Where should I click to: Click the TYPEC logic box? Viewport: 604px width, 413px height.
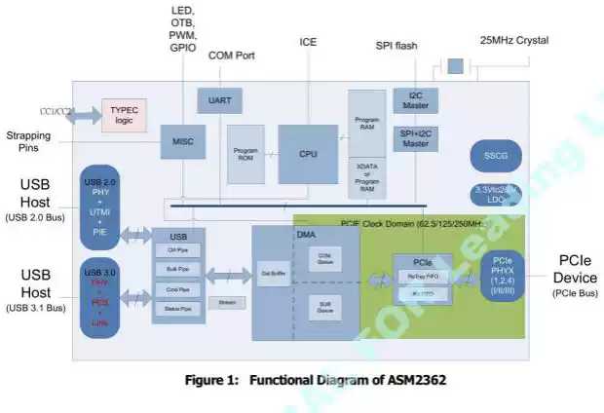[124, 113]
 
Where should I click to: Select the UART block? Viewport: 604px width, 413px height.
[219, 100]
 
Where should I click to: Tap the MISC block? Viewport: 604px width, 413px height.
[182, 141]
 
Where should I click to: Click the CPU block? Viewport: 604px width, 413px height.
[308, 154]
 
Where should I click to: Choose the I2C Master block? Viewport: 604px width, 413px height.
[416, 100]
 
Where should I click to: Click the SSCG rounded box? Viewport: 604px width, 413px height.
[496, 155]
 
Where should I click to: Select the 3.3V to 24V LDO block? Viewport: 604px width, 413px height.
[496, 194]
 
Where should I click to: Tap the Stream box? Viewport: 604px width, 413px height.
[226, 303]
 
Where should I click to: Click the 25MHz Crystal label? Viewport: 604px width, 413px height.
[513, 41]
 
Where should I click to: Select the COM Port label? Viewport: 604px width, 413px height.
[232, 56]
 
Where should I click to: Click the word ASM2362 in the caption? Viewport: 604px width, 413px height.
[413, 380]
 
